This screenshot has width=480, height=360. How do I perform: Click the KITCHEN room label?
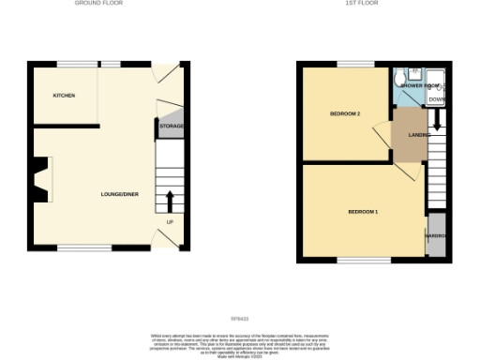click(x=63, y=96)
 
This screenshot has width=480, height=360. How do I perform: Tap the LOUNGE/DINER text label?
click(x=120, y=194)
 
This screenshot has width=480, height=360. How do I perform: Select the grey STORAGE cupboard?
click(x=171, y=126)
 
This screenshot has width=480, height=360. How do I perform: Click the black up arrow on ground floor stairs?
click(x=170, y=200)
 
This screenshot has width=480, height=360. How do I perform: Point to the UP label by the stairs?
click(x=170, y=221)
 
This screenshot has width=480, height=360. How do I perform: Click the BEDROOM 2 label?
click(x=345, y=114)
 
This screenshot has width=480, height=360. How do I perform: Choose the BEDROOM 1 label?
click(x=363, y=212)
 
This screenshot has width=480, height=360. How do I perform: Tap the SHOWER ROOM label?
click(x=420, y=85)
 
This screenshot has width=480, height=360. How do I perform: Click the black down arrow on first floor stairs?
click(x=437, y=121)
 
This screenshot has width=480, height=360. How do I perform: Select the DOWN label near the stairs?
click(x=437, y=98)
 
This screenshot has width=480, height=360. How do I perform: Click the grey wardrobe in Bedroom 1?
click(x=436, y=234)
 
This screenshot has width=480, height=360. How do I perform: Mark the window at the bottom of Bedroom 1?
click(x=365, y=258)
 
